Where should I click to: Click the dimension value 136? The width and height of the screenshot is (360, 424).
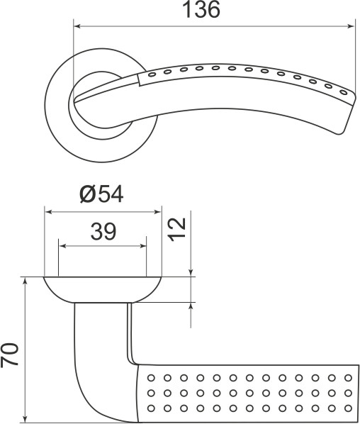coord(201,11)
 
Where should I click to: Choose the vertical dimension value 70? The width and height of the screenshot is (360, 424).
coord(10,355)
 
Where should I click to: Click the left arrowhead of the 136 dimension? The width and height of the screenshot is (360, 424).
coord(77,28)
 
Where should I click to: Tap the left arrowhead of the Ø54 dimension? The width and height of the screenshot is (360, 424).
coord(49,211)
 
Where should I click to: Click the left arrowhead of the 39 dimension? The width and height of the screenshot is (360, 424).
coord(63,246)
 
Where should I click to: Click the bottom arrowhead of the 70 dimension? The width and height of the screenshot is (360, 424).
coord(26,418)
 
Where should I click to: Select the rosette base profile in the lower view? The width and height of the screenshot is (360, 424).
coord(103,289)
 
